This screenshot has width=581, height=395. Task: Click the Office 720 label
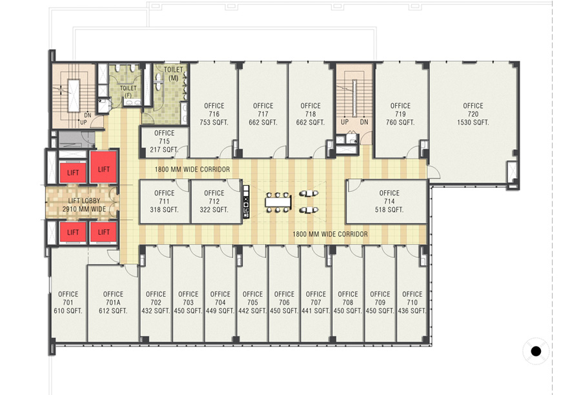473,110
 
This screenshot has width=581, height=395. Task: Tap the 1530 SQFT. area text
473,123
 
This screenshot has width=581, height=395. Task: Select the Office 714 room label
389,197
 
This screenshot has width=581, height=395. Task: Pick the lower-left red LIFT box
72,232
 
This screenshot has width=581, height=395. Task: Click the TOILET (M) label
172,74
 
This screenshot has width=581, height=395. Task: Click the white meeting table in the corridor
280,201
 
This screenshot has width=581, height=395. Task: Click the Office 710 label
412,298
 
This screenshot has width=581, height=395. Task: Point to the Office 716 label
214,110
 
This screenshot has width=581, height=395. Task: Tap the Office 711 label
165,197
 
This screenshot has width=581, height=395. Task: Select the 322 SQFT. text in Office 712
214,210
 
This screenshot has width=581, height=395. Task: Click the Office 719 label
400,110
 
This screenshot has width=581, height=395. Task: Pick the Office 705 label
252,298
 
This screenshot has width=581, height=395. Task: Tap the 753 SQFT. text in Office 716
214,123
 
